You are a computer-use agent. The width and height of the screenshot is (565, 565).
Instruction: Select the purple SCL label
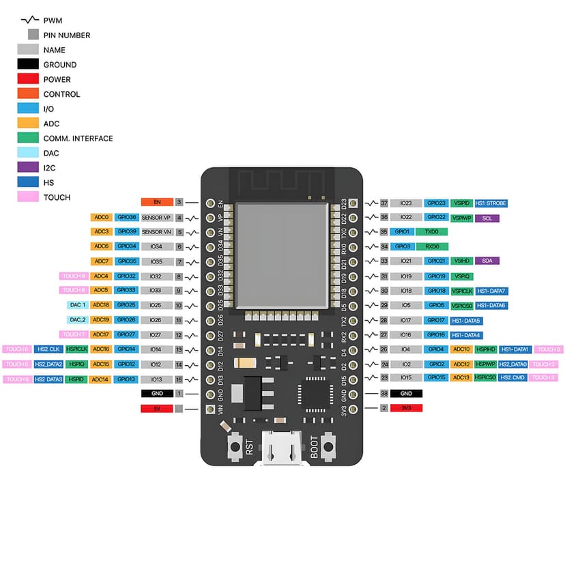point(487,218)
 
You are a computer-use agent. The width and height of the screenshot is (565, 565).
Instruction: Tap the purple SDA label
point(487,261)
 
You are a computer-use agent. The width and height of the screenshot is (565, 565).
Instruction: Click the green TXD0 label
point(431,232)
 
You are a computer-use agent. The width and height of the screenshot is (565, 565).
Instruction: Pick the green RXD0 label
point(431,246)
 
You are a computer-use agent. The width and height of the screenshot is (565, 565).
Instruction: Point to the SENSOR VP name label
point(156,218)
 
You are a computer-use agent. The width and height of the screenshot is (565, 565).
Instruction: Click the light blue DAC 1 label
point(77,305)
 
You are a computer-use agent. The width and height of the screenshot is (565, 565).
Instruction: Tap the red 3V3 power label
point(407,408)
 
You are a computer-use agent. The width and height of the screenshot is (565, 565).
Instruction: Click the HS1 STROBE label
point(491,203)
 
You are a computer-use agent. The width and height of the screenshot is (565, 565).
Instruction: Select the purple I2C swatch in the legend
point(28,168)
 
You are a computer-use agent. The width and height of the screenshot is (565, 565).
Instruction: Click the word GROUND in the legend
point(60,65)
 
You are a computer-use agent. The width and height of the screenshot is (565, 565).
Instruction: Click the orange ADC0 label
point(102,218)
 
